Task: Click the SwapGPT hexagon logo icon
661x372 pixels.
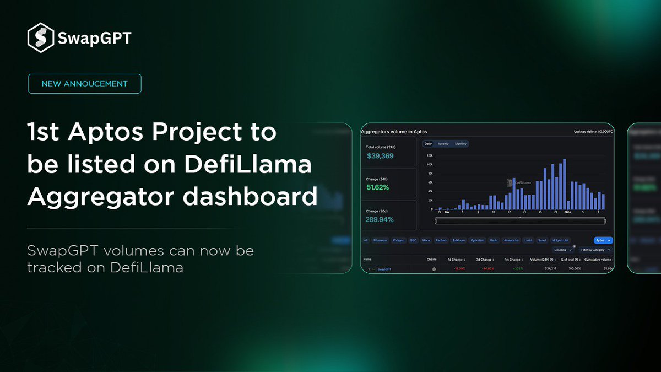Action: (x=40, y=38)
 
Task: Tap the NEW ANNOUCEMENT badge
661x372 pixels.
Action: (x=84, y=84)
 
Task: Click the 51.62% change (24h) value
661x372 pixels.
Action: (x=378, y=187)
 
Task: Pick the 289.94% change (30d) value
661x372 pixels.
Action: (x=379, y=219)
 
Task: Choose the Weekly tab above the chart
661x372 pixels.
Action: (x=443, y=144)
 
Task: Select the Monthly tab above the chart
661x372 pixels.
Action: (x=460, y=144)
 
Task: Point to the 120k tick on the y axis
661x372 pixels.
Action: (x=430, y=155)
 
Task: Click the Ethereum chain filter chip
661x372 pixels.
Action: (x=381, y=240)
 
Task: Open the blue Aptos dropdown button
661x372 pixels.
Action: (x=603, y=240)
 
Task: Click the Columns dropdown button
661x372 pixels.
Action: (x=562, y=250)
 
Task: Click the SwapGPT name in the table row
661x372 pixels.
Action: (x=384, y=269)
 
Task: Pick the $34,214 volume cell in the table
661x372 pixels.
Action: (x=536, y=269)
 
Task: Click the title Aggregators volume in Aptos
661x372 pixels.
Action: (x=393, y=132)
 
